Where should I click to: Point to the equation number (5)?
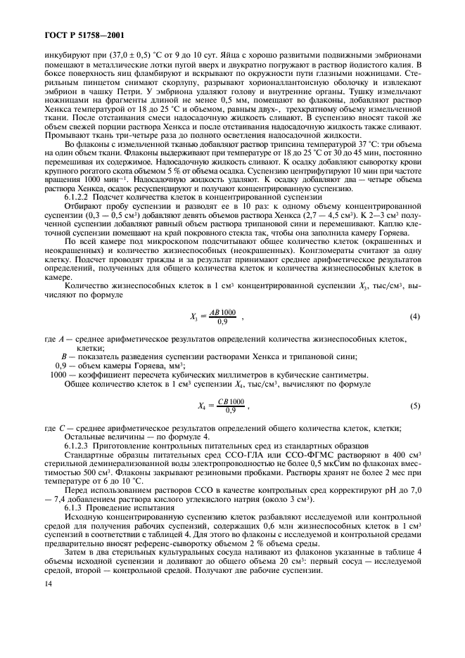pos(414,406)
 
